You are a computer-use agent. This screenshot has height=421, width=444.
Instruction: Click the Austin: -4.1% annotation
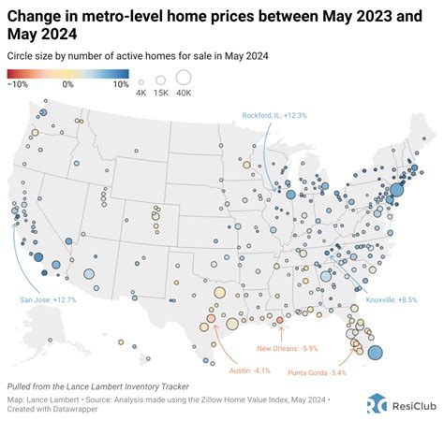pyautogui.click(x=229, y=370)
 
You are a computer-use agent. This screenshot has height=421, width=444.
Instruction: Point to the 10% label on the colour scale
pyautogui.click(x=120, y=83)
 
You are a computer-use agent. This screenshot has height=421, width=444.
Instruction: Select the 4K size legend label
pyautogui.click(x=141, y=93)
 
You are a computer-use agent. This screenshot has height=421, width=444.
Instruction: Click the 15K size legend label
pyautogui.click(x=160, y=93)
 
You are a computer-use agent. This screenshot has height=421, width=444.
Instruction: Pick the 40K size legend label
pyautogui.click(x=183, y=93)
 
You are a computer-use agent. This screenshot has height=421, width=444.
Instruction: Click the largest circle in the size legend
pyautogui.click(x=183, y=78)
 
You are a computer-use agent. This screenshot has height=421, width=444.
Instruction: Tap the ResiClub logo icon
pyautogui.click(x=376, y=402)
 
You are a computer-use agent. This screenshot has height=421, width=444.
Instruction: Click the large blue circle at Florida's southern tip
pyautogui.click(x=375, y=353)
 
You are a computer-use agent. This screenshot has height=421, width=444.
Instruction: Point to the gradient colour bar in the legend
pyautogui.click(x=67, y=73)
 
